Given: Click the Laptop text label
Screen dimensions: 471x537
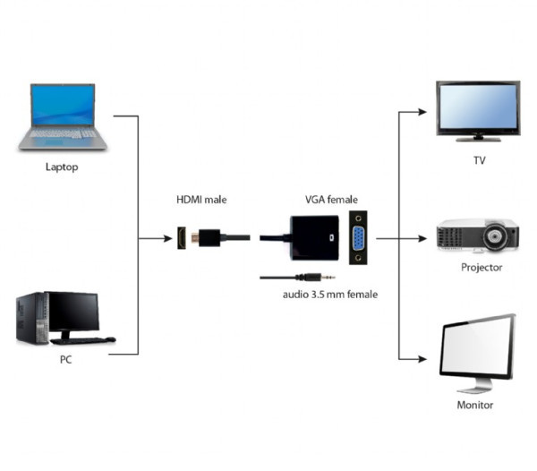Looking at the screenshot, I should pyautogui.click(x=61, y=167).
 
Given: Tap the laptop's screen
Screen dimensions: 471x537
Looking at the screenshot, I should pyautogui.click(x=62, y=106).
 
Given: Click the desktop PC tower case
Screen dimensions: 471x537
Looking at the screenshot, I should pyautogui.click(x=30, y=319).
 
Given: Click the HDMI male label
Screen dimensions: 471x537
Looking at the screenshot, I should pyautogui.click(x=201, y=201).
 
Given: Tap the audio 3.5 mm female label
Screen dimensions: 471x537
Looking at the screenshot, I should pyautogui.click(x=324, y=294).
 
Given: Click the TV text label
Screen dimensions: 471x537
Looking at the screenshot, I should pyautogui.click(x=479, y=161).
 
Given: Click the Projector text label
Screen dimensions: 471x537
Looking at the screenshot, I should pyautogui.click(x=482, y=267).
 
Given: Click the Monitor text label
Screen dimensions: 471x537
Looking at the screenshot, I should pyautogui.click(x=475, y=405).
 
